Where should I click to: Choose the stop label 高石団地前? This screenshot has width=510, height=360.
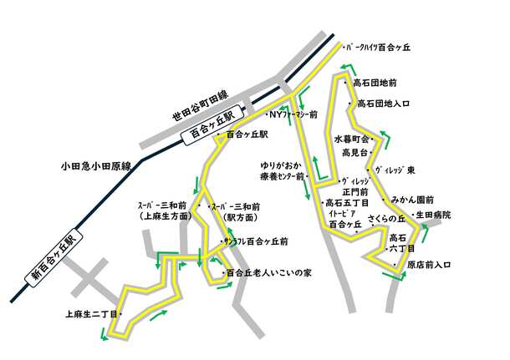[x=375, y=84]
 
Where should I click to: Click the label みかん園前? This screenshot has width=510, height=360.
[x=413, y=200]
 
